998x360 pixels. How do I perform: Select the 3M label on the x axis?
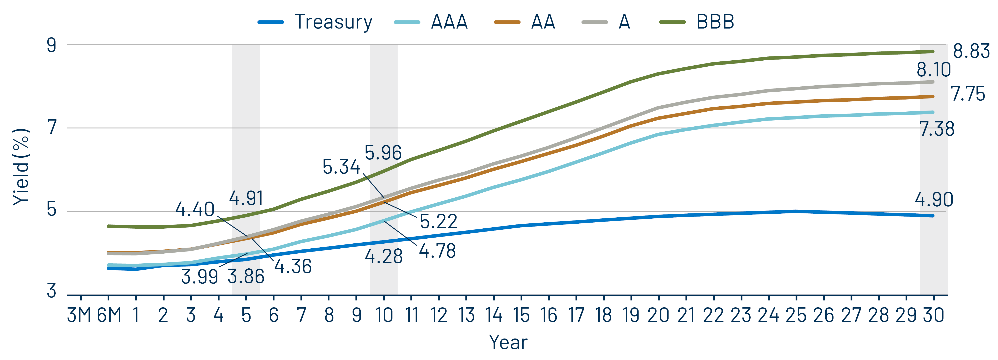(79, 315)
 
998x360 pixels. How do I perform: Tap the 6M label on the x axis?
(109, 315)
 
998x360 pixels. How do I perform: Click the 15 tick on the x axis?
(521, 315)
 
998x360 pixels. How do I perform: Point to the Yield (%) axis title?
(21, 167)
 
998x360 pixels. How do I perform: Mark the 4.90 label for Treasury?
(934, 199)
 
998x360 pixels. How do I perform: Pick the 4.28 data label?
(384, 257)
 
